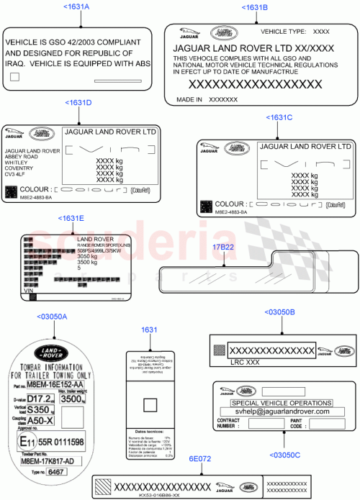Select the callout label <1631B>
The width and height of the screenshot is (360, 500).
(256, 7)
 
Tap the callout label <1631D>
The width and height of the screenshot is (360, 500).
(78, 103)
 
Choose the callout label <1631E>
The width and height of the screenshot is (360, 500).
(71, 218)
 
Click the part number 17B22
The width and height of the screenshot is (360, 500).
(224, 247)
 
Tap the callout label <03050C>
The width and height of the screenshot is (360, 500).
(286, 455)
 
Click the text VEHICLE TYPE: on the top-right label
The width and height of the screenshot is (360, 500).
(282, 32)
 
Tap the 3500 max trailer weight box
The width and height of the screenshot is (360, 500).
(73, 398)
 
